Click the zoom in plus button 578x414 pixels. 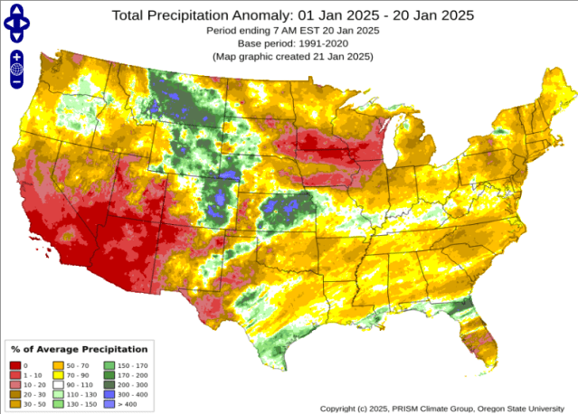coord(16,57)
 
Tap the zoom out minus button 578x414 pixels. coord(16,82)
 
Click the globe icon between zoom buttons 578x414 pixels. coord(16,70)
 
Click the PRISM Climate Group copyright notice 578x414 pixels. coord(447,409)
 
